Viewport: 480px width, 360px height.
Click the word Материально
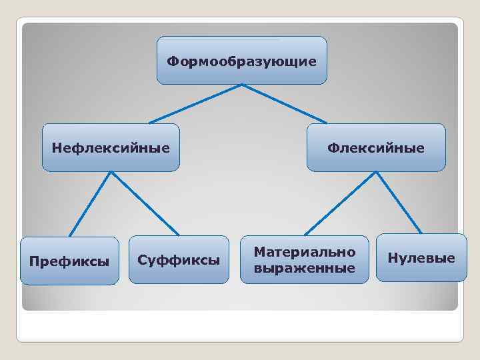304,252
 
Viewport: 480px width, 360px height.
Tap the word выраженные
304,267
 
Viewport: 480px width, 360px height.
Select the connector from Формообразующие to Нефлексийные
195,104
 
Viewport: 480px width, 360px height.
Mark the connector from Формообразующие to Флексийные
284,104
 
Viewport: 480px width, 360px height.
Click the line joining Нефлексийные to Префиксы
90,204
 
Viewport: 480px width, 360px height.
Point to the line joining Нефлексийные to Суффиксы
145,203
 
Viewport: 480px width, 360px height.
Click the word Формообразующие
241,61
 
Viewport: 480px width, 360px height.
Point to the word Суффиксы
178,259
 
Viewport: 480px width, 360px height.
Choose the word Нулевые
421,258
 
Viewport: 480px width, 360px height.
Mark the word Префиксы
69,261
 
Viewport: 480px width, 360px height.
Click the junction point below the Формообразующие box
241,85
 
